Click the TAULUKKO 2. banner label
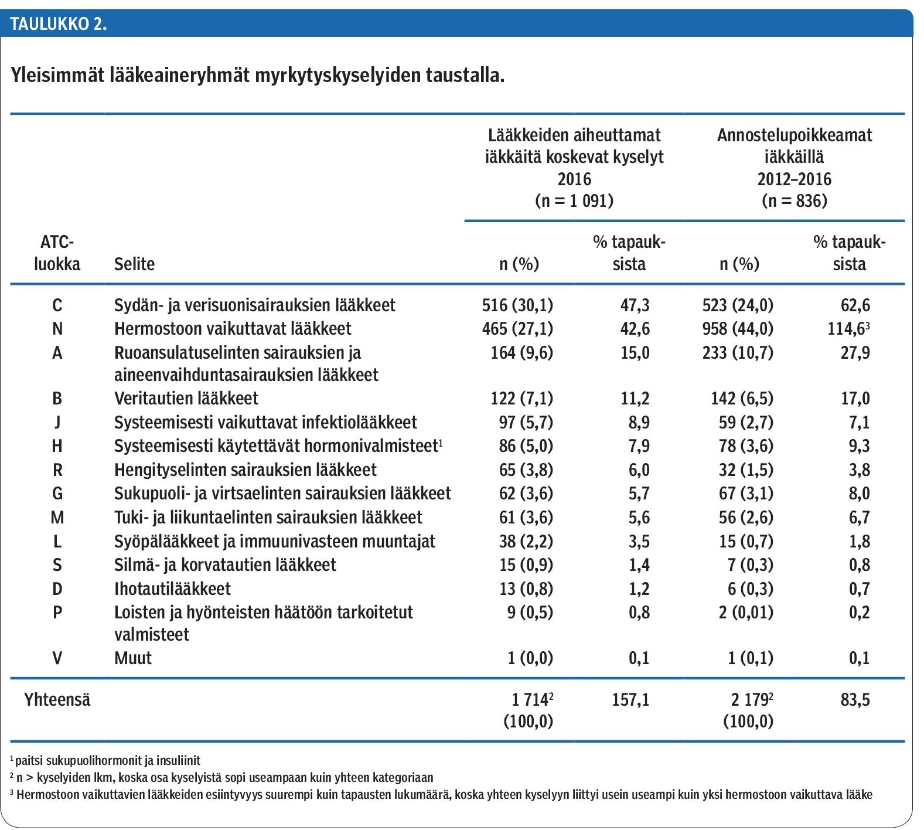click(x=58, y=24)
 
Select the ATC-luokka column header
click(x=57, y=253)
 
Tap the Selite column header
click(x=134, y=264)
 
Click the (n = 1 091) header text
click(x=574, y=201)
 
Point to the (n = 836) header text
click(x=795, y=201)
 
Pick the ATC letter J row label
click(x=57, y=423)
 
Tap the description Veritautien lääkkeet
click(x=186, y=399)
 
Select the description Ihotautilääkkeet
click(x=172, y=589)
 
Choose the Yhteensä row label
click(x=57, y=700)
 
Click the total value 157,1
click(x=630, y=700)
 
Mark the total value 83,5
click(x=855, y=700)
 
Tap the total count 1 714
click(x=531, y=700)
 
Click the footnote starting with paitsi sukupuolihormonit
click(x=105, y=761)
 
